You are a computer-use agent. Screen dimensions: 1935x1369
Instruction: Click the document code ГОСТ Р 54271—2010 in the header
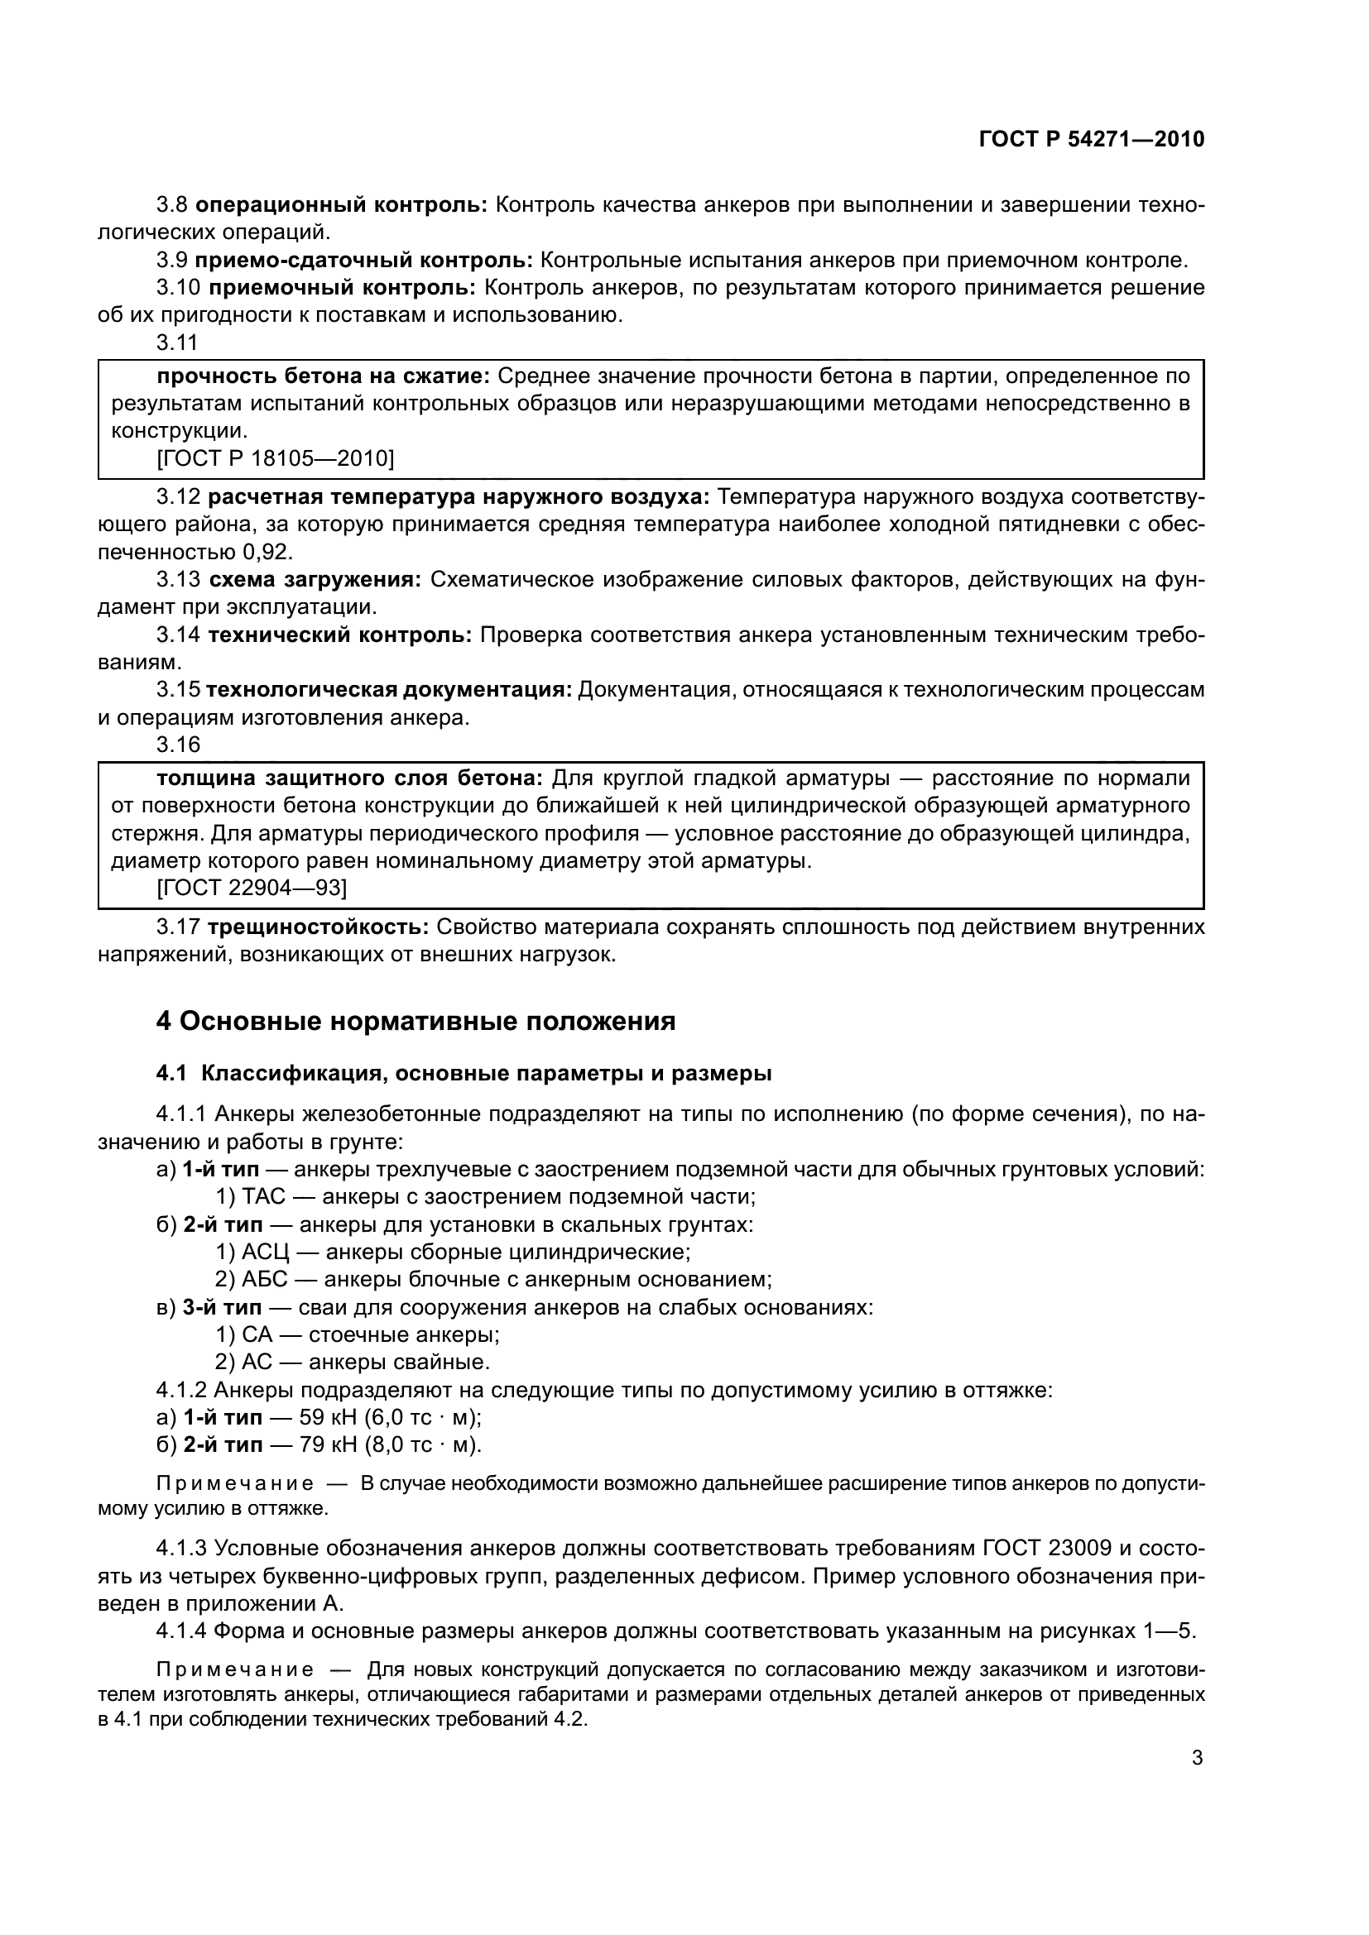click(x=1092, y=139)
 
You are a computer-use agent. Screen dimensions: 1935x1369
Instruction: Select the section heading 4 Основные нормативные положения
click(x=416, y=1022)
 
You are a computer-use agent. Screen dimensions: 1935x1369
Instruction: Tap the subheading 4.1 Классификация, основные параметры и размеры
click(x=464, y=1074)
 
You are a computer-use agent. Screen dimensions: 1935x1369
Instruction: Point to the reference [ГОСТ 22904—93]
click(x=252, y=888)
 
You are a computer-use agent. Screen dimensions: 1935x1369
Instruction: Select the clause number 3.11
click(x=178, y=342)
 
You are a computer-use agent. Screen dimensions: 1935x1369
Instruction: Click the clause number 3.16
click(x=178, y=745)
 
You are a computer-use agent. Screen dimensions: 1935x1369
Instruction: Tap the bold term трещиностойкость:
click(x=319, y=927)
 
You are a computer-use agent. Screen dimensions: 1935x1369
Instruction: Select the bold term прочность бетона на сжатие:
click(x=324, y=376)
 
